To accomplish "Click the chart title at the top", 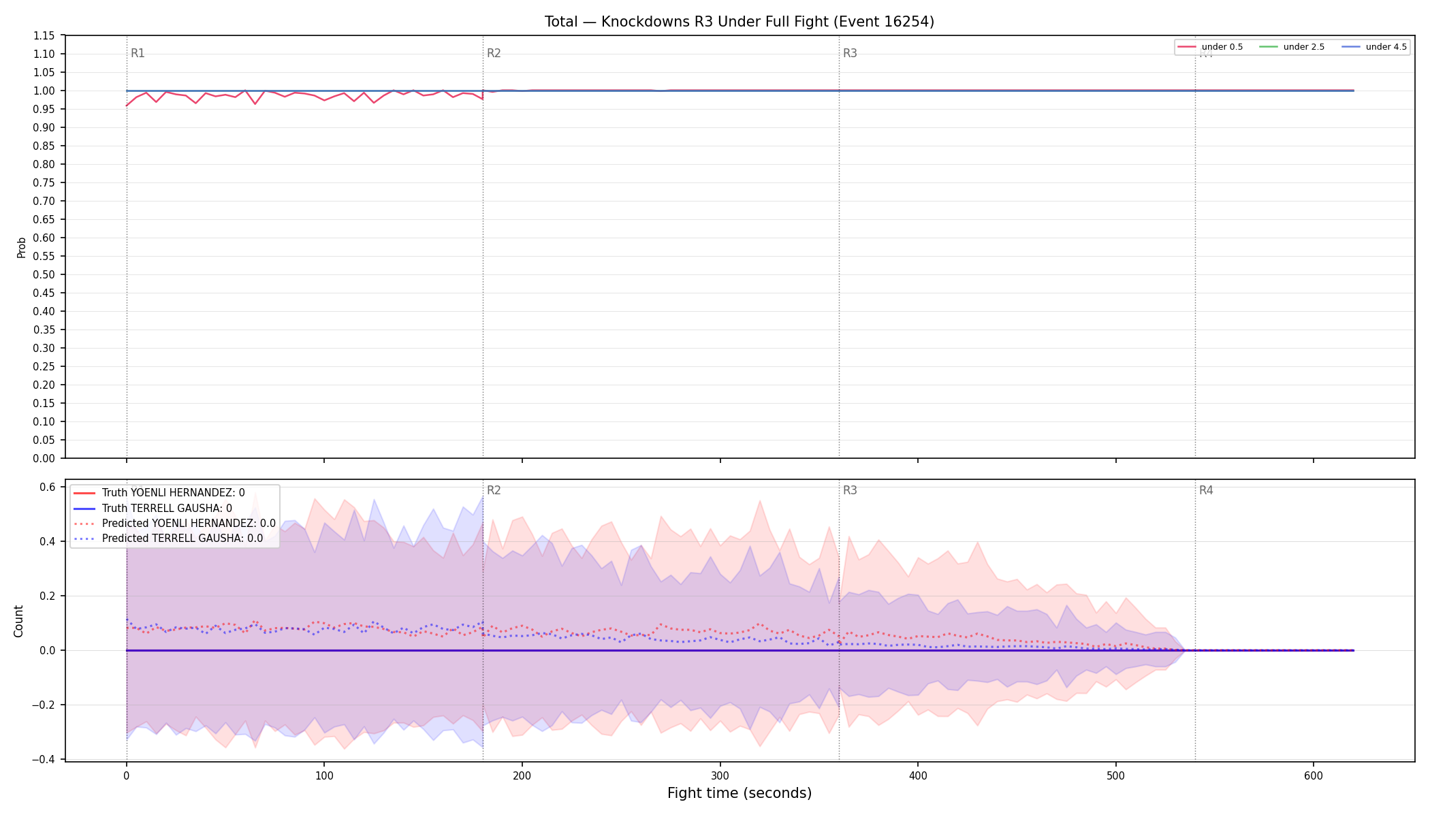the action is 740,22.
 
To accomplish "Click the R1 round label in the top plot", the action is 138,53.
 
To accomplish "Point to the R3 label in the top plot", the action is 850,53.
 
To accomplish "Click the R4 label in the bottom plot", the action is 1206,490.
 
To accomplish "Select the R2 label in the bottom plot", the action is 494,490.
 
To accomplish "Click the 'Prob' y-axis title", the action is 22,247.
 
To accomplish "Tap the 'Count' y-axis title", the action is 18,621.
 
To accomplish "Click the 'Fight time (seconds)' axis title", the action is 740,793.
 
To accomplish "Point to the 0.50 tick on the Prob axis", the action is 45,274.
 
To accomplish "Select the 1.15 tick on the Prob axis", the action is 45,35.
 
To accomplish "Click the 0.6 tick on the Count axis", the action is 48,487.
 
